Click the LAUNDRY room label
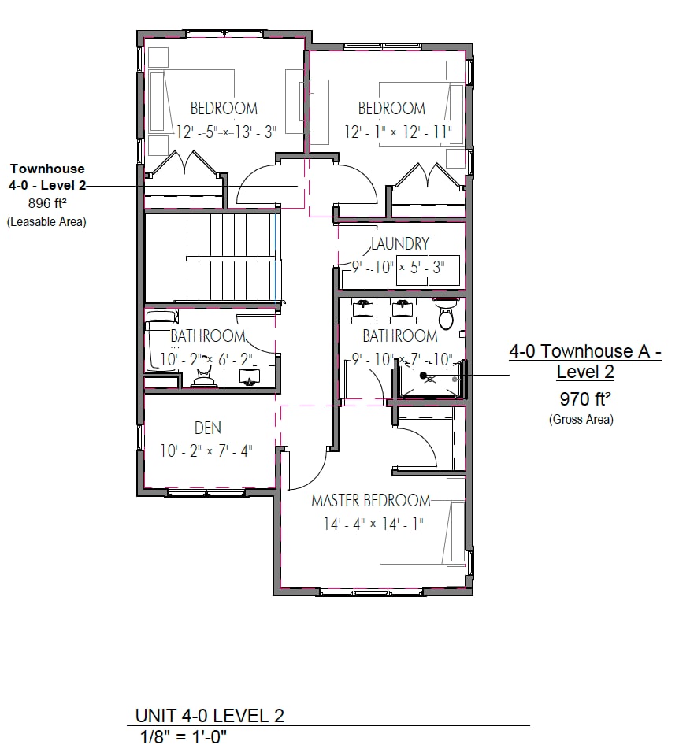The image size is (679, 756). (400, 244)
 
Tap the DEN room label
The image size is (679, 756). (208, 428)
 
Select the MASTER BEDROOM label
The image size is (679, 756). (371, 500)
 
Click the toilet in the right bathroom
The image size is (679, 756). (446, 317)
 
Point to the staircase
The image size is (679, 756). (232, 258)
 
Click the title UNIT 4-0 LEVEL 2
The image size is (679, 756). (210, 715)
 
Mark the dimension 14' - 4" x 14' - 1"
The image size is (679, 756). (373, 524)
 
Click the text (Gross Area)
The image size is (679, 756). (581, 420)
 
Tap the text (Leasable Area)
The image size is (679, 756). (46, 222)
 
